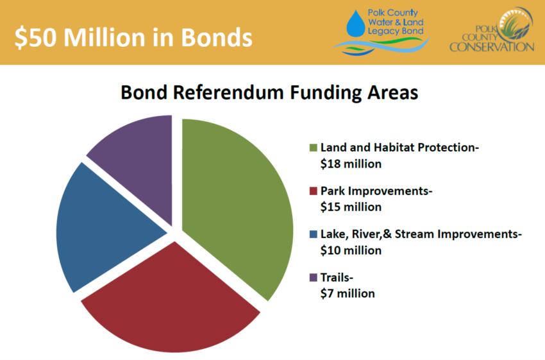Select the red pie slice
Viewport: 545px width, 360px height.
(171, 299)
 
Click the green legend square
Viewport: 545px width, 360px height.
(313, 148)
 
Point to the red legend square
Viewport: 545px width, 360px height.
(313, 191)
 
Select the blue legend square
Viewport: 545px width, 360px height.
(313, 234)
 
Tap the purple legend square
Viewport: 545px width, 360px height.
(313, 278)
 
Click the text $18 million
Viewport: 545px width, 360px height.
(351, 164)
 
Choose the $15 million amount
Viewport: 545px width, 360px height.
(351, 207)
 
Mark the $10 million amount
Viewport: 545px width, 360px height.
(351, 250)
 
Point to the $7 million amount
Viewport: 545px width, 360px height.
(348, 293)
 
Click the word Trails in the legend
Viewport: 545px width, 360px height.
(335, 278)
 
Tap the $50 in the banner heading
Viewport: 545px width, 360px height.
(35, 37)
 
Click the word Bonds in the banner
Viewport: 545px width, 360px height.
(216, 37)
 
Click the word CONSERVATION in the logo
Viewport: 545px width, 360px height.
(492, 47)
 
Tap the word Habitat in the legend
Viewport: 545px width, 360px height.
(394, 148)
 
